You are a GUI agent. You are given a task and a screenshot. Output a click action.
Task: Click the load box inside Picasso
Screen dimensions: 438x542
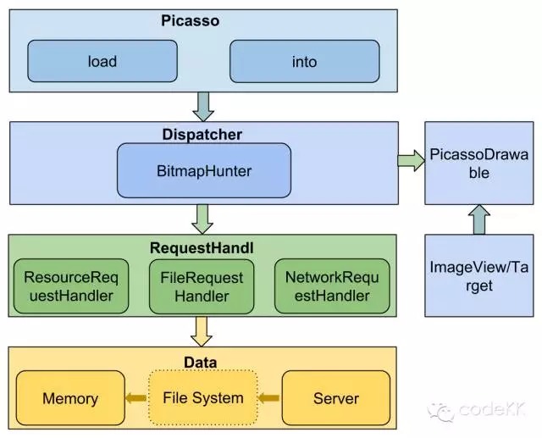coord(102,61)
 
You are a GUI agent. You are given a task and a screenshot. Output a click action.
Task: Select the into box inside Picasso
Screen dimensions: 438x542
coord(305,61)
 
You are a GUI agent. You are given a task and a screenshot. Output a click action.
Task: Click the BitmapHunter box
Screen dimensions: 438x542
coord(203,171)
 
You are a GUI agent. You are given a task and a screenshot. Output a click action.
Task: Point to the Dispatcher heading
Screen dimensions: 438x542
coord(202,134)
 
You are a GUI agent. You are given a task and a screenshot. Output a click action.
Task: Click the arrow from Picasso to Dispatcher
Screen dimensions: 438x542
coord(203,106)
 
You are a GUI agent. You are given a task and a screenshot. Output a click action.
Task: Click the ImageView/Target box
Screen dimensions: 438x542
coord(478,276)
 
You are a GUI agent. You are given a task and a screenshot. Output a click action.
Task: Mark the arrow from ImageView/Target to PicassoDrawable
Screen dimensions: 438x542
coord(478,221)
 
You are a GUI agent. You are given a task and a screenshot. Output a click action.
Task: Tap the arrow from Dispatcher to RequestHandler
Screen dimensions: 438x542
coord(203,219)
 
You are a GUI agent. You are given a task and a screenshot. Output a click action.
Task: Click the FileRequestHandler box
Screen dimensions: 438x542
coord(202,286)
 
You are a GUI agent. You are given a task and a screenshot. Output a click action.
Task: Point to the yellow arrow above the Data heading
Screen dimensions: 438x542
coord(202,330)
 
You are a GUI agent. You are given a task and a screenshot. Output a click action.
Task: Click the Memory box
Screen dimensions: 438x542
coord(70,398)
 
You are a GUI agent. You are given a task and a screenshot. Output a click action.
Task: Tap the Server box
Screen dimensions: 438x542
coord(335,398)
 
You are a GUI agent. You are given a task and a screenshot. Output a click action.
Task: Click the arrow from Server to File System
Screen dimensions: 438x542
coord(268,398)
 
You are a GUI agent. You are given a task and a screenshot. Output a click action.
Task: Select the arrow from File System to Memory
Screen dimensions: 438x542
coord(135,398)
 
